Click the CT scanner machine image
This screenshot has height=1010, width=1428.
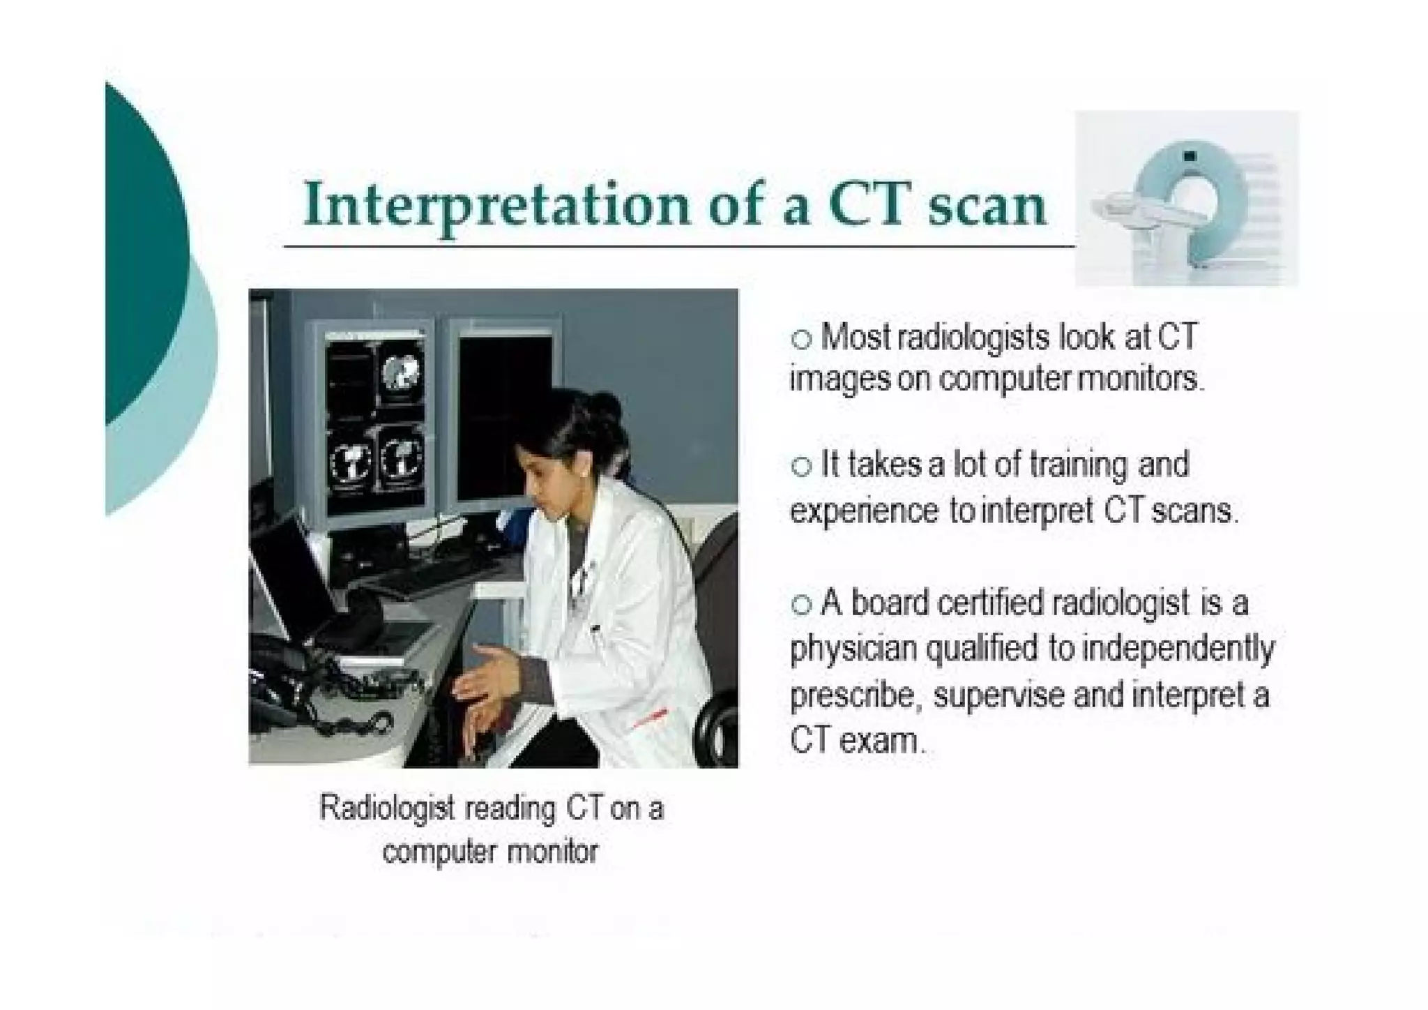1186,199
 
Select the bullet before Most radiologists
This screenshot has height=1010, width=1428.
802,339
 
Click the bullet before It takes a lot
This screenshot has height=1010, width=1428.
802,466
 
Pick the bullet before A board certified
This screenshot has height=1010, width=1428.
802,604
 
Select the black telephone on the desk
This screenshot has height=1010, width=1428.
279,670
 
